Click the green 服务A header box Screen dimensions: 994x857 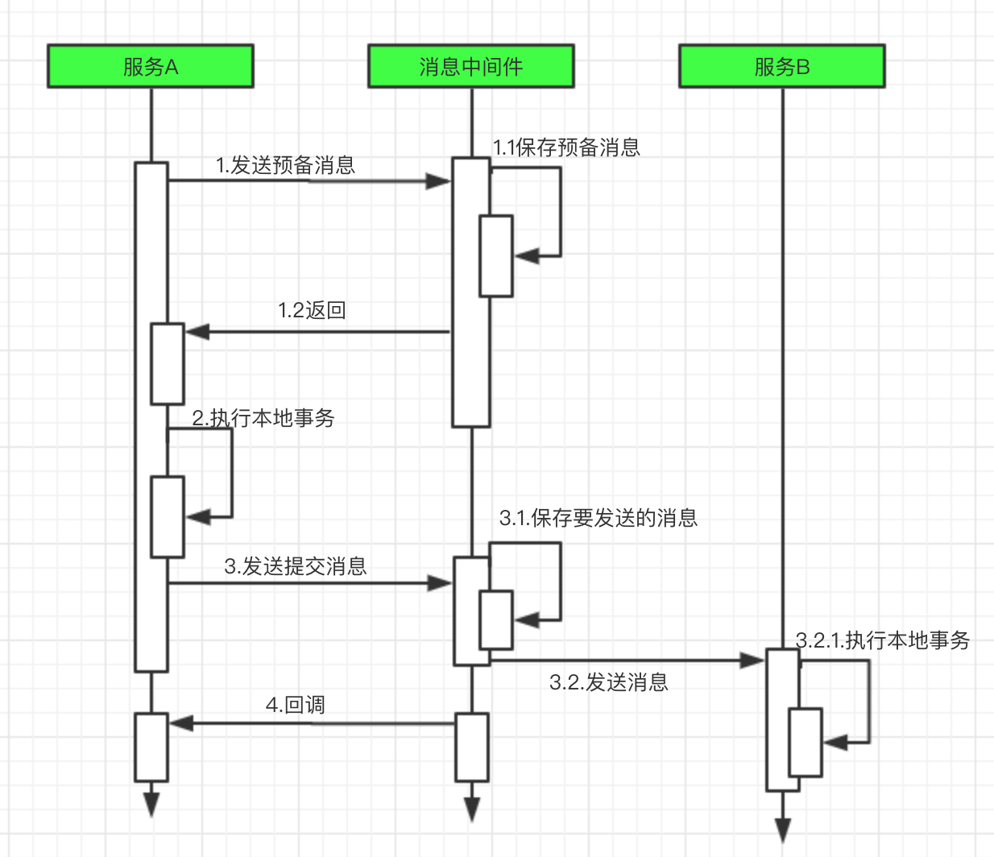point(151,66)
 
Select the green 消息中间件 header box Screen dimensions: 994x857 point(471,66)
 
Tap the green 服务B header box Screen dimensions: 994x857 point(782,66)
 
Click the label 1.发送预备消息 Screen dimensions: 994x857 point(286,165)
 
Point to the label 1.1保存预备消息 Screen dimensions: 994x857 point(566,147)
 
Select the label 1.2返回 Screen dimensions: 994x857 point(312,310)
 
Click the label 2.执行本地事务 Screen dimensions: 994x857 point(263,418)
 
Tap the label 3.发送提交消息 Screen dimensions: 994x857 point(296,566)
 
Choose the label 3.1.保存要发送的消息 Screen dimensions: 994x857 point(598,518)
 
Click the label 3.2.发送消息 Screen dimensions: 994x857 point(609,682)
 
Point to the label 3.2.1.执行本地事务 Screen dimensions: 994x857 point(882,640)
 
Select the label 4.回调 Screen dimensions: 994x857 point(296,705)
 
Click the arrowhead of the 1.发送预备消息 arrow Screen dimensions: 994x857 point(438,181)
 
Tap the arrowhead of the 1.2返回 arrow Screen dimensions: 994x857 point(197,331)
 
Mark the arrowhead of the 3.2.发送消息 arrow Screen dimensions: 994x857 point(752,660)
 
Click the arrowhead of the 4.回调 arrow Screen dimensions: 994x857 point(181,723)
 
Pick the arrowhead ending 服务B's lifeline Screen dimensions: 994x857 point(783,829)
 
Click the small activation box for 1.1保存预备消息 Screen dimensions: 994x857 point(496,256)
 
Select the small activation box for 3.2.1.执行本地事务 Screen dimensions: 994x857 point(806,743)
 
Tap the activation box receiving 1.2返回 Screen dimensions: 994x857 point(168,363)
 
